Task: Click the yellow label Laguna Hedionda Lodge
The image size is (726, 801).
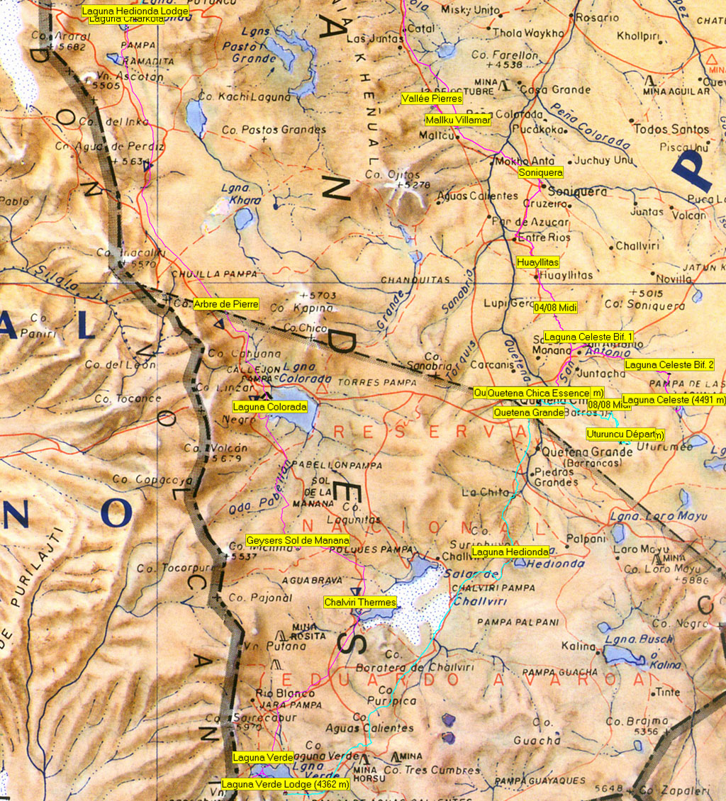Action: tap(135, 11)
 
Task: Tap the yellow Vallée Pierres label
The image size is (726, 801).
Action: tap(432, 99)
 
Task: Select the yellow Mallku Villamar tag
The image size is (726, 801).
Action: tap(458, 120)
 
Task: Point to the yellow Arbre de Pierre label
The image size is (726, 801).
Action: tap(226, 304)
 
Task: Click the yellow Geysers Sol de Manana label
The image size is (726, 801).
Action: tap(298, 540)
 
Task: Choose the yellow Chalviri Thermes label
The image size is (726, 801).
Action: tap(359, 603)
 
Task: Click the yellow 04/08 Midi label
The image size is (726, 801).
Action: tap(555, 308)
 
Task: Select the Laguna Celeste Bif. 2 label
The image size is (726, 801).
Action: tap(669, 365)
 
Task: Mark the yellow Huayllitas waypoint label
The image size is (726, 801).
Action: tap(538, 262)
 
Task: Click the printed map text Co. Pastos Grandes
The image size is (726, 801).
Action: tap(274, 130)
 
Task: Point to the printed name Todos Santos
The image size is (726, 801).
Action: tap(671, 129)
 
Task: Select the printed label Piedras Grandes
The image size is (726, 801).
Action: tap(554, 477)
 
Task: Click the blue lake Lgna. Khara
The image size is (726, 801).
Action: tap(244, 218)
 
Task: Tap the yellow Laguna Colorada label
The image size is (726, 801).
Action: tap(270, 407)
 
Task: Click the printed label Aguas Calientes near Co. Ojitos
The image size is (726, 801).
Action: tap(478, 196)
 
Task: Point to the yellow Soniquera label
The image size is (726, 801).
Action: tap(541, 172)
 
